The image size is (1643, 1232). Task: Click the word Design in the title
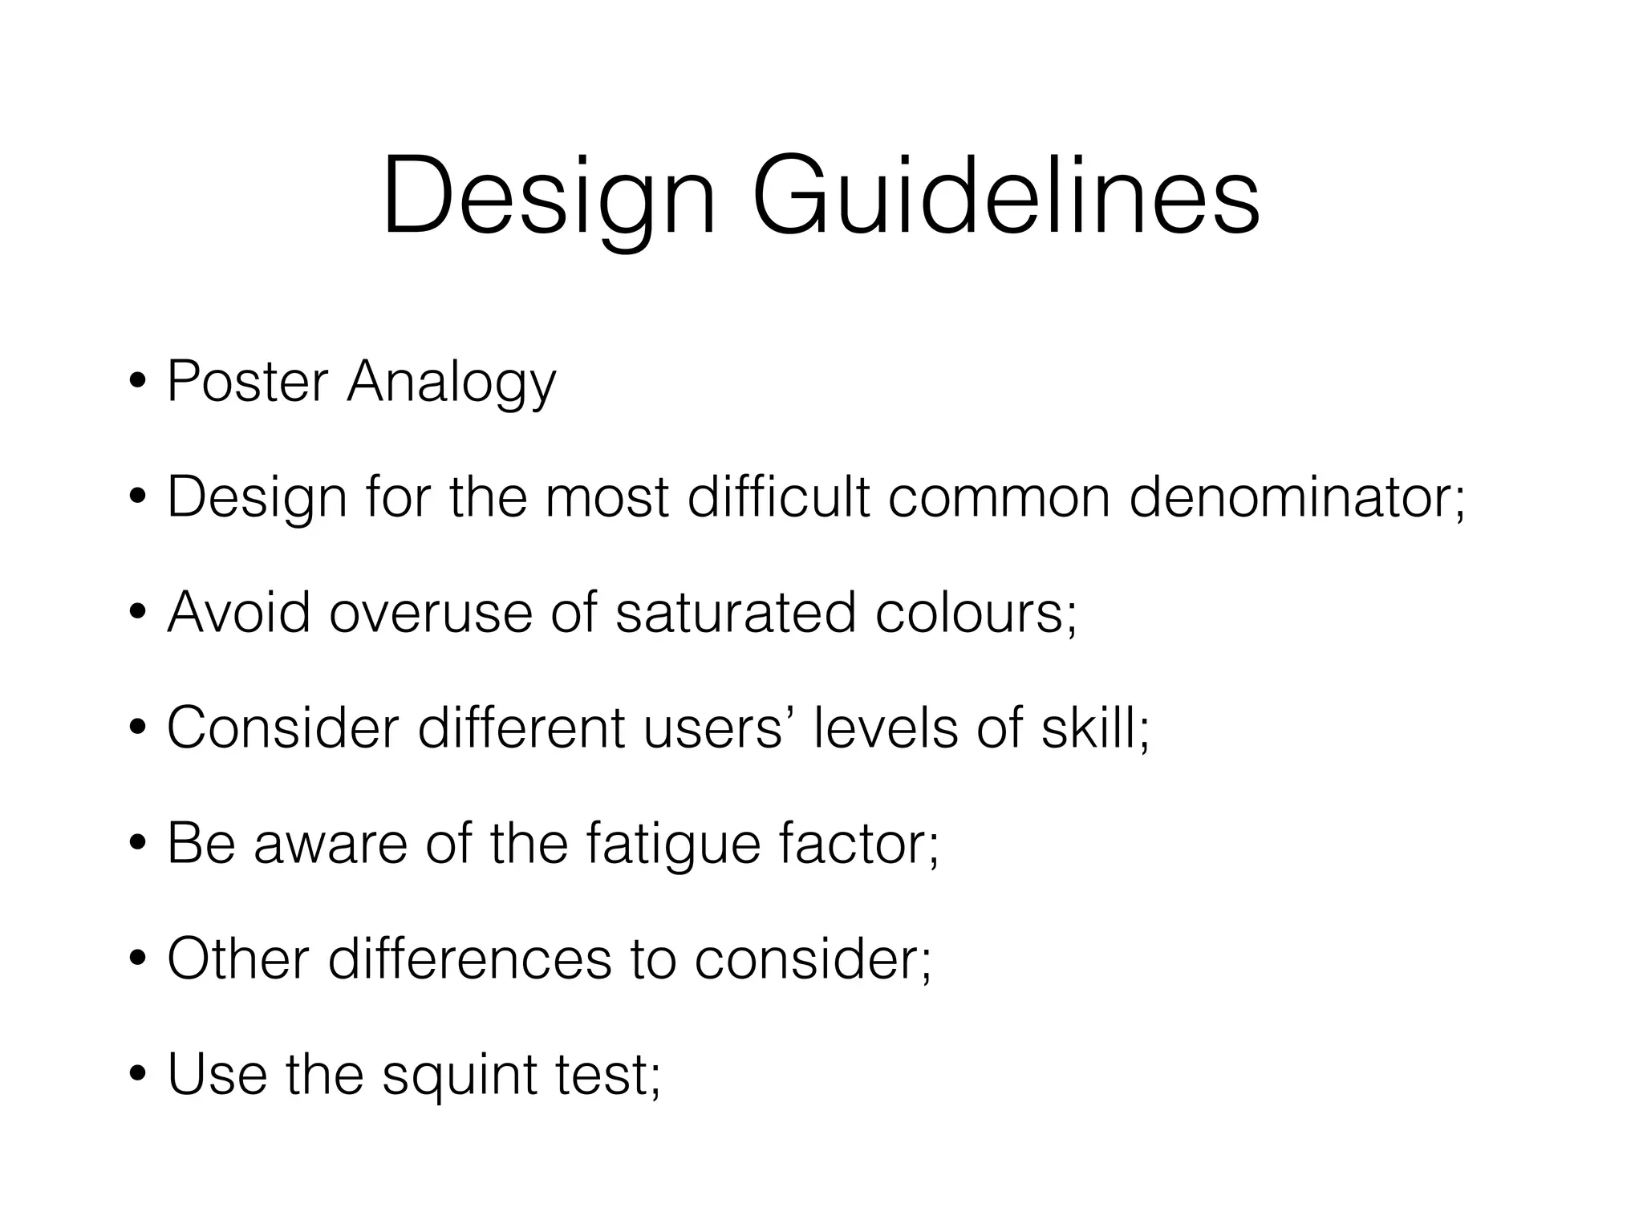coord(548,197)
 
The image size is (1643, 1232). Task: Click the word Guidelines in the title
coord(1005,197)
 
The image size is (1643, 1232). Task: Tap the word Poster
coord(248,381)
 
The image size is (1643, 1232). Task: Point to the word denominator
coord(1292,497)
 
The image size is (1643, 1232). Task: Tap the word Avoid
coord(238,613)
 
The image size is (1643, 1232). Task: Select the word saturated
coord(736,613)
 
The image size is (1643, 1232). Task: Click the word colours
coord(972,613)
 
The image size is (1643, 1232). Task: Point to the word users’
coord(713,728)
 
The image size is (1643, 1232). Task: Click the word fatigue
coord(673,845)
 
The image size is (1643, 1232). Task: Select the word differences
coord(469,959)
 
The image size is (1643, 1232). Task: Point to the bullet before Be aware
coord(138,845)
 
